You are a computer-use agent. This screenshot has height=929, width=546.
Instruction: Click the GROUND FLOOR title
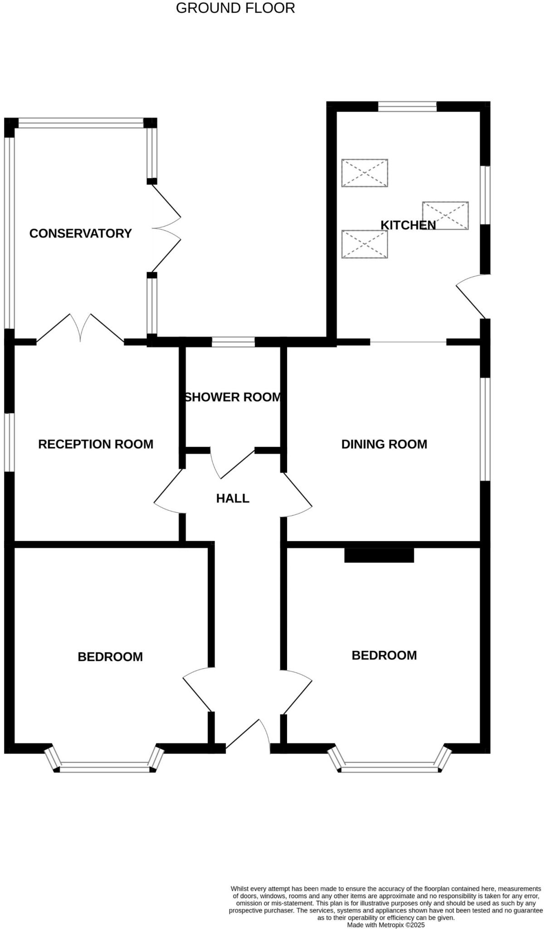235,8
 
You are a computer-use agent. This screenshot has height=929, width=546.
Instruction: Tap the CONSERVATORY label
80,234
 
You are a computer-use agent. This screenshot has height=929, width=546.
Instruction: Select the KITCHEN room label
408,225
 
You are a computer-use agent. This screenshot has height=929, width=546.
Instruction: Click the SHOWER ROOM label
233,397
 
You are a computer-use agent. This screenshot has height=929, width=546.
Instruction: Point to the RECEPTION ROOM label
96,444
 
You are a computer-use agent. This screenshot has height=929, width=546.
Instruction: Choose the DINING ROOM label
384,444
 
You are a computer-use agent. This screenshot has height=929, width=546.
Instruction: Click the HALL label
233,499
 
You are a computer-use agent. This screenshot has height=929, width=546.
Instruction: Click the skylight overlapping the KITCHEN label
445,215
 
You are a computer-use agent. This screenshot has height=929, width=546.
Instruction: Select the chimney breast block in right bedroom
379,555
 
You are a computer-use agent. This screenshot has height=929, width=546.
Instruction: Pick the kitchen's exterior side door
472,297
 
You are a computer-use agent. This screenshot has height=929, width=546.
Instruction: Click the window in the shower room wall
233,342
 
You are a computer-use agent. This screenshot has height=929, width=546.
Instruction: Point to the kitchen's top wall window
407,107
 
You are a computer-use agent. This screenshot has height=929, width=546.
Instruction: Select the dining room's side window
485,429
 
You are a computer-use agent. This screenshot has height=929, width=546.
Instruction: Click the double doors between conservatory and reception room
80,328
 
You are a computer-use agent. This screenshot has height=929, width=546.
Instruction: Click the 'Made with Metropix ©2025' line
386,924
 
